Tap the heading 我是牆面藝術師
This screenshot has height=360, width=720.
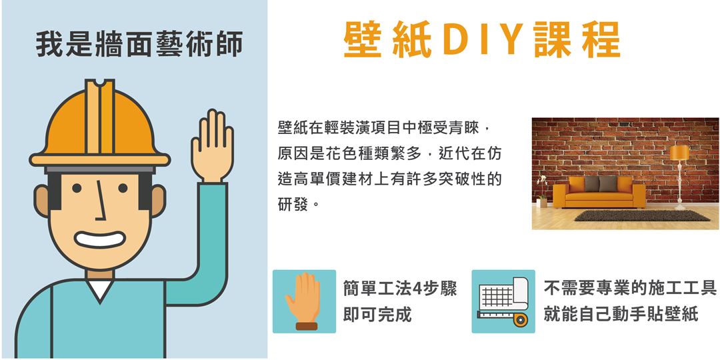pyautogui.click(x=139, y=45)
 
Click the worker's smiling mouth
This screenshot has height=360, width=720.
pyautogui.click(x=99, y=239)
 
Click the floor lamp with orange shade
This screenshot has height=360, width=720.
pyautogui.click(x=679, y=177)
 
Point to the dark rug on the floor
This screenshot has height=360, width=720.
pyautogui.click(x=641, y=215)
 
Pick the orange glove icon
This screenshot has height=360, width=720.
pyautogui.click(x=303, y=302)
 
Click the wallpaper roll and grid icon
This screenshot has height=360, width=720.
pyautogui.click(x=503, y=301)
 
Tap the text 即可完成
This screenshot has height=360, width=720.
pyautogui.click(x=377, y=315)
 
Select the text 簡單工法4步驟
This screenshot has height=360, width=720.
pyautogui.click(x=400, y=289)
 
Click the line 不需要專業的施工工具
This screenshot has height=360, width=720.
pyautogui.click(x=630, y=289)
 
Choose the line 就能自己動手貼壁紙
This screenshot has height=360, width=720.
pyautogui.click(x=621, y=315)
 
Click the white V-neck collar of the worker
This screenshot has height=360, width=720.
pyautogui.click(x=100, y=289)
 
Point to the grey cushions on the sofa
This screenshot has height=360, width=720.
pyautogui.click(x=601, y=184)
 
